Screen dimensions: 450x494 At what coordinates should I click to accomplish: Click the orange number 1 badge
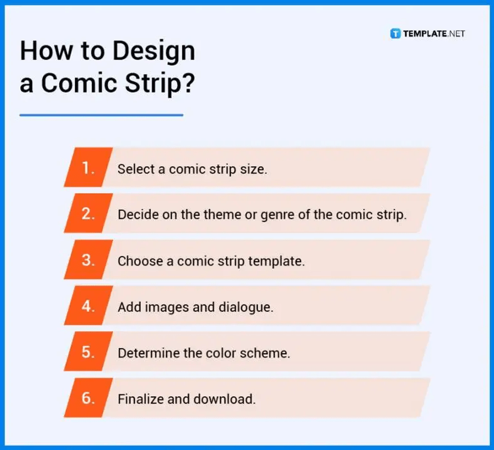[89, 168]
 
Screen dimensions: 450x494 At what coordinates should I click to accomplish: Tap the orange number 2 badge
[89, 214]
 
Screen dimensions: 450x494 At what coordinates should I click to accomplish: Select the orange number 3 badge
[89, 260]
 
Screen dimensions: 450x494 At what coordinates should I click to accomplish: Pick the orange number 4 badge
[89, 306]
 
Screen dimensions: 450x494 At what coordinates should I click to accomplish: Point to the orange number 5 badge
[89, 352]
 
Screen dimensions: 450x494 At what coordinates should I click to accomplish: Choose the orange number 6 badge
[89, 398]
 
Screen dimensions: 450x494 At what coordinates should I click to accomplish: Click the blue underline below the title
[101, 115]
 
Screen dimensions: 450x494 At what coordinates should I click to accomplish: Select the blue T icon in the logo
[395, 34]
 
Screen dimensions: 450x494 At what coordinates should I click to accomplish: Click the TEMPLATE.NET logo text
[434, 34]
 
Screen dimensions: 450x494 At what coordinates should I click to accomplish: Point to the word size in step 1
[254, 169]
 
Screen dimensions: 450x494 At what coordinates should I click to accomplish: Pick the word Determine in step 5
[145, 353]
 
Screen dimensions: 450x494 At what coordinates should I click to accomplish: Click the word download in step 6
[225, 400]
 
